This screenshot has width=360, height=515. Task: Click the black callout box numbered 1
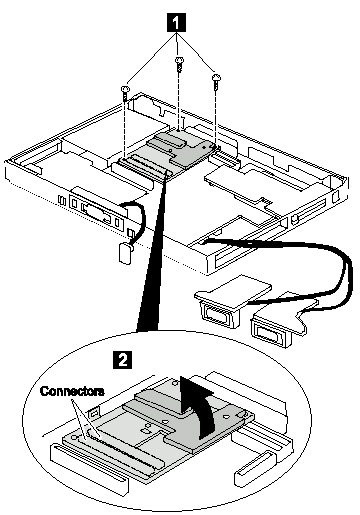pos(177,23)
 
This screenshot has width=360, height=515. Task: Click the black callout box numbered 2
pos(123,359)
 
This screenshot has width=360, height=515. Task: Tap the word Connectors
pos(72,391)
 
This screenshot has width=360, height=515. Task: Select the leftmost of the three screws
pos(125,92)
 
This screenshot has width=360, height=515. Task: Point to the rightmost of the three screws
pos(216,80)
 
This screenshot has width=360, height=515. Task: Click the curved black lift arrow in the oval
pos(198,406)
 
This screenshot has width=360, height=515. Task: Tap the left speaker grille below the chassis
pos(219,314)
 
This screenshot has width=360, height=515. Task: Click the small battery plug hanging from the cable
pos(124,254)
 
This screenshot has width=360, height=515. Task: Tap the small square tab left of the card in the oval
pos(93,413)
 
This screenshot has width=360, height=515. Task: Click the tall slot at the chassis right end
pos(336,196)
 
